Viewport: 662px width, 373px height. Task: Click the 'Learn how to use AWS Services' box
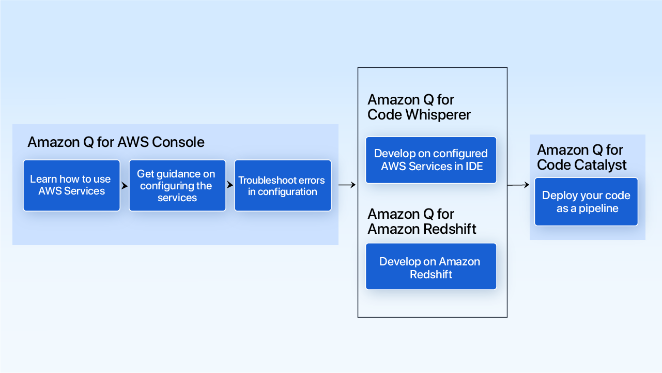point(71,185)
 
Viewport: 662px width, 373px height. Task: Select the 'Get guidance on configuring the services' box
point(177,185)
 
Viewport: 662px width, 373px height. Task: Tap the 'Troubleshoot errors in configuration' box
point(283,185)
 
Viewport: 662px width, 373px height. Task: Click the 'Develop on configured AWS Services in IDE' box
point(431,160)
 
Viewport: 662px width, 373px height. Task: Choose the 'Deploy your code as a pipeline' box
point(586,202)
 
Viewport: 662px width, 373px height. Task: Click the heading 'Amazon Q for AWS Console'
point(116,142)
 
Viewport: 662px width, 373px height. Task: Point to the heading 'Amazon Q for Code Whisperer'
point(419,107)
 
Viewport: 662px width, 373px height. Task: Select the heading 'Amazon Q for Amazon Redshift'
point(421,221)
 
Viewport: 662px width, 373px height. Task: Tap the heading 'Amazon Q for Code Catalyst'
point(581,157)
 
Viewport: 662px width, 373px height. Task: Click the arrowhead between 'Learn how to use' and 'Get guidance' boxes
point(125,185)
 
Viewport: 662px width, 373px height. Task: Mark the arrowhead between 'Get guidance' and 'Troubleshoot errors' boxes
point(230,185)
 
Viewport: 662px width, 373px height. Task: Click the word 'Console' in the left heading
point(178,142)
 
